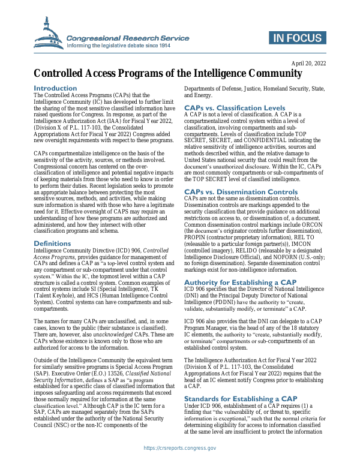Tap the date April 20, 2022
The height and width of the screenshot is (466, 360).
coord(309,63)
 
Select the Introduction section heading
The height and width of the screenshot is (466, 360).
coord(55,88)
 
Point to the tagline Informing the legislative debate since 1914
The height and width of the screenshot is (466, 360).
coord(127,45)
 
